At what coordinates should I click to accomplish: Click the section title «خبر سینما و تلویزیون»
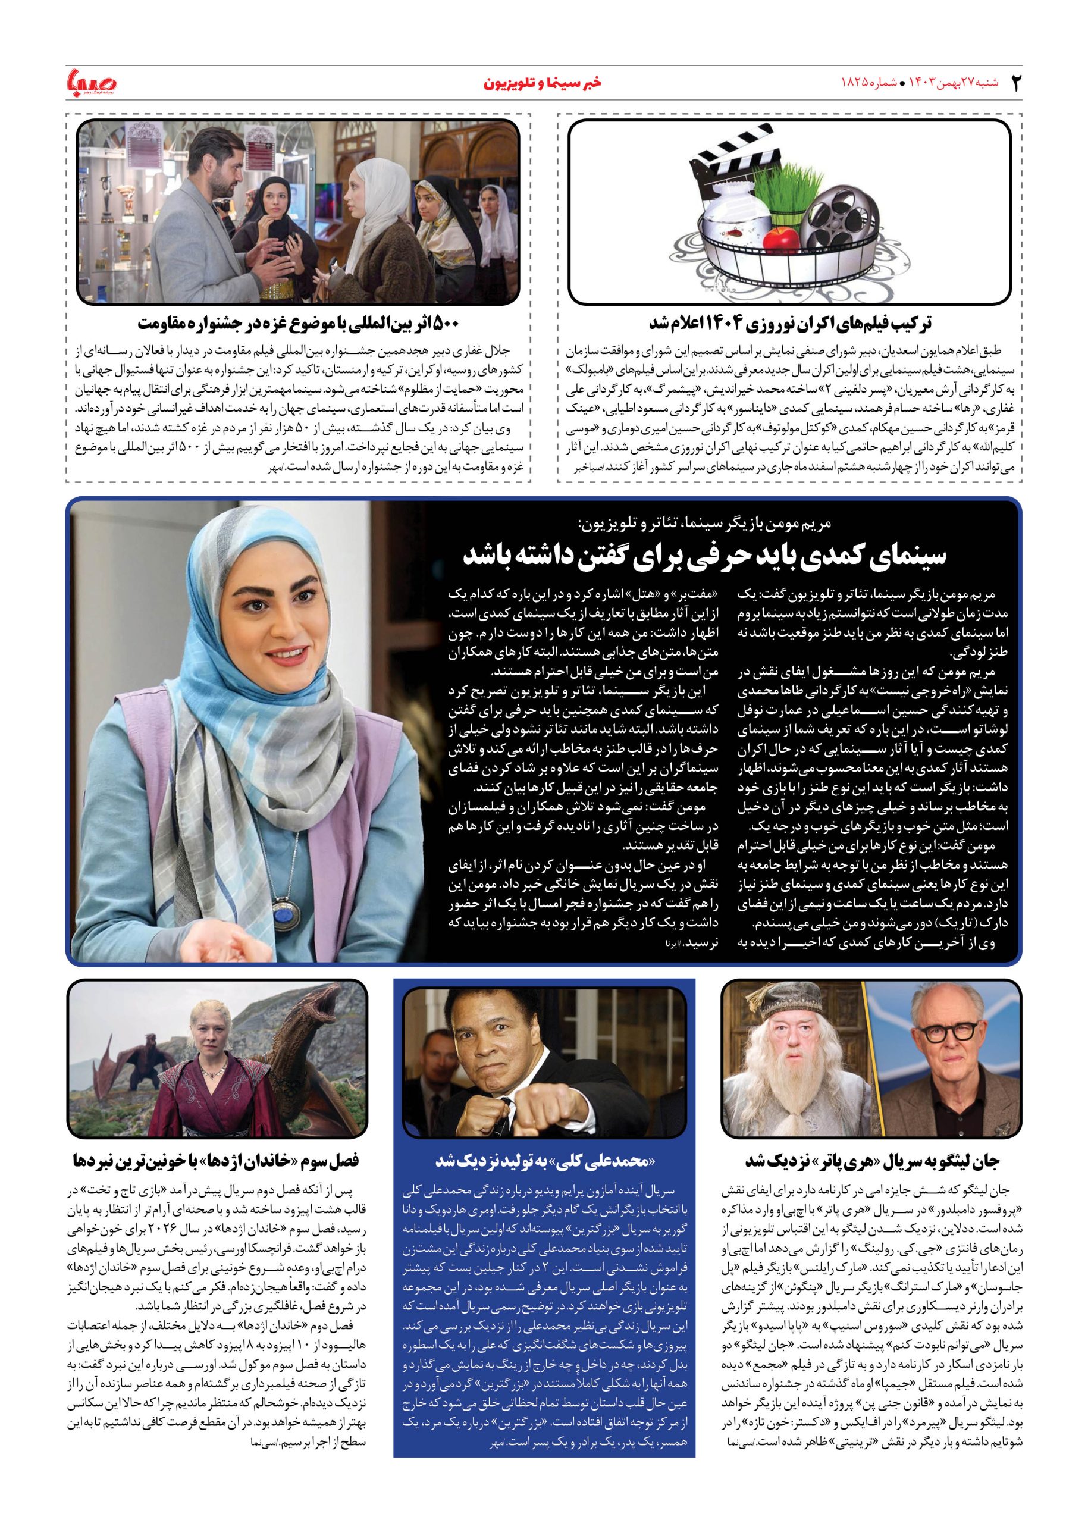543,83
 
